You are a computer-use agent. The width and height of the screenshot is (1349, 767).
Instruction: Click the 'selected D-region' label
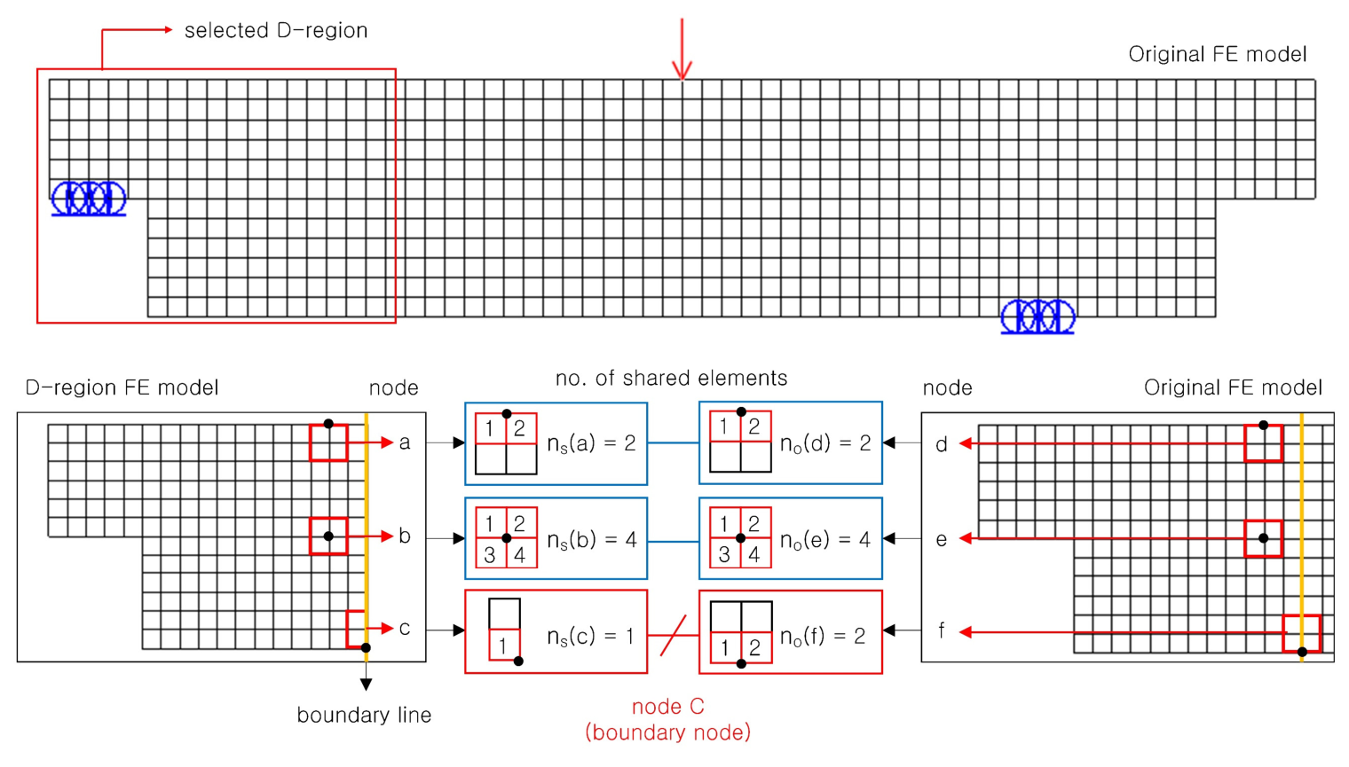(275, 30)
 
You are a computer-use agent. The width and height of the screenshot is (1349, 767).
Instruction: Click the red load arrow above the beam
(682, 50)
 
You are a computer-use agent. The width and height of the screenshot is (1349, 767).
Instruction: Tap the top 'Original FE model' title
(1217, 54)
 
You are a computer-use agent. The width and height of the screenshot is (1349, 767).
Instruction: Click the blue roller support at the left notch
(89, 199)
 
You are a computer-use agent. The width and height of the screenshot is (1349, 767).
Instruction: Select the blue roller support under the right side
(1037, 317)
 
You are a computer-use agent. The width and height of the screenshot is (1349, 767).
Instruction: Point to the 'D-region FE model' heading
(122, 387)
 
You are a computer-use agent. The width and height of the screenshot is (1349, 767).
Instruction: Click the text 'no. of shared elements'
(671, 379)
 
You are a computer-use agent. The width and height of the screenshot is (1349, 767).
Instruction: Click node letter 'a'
(405, 442)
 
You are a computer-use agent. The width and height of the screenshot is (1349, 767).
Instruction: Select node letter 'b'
(405, 536)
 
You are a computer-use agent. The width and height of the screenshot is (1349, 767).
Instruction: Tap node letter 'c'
(405, 629)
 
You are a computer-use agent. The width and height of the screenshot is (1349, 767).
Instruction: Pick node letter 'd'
(942, 444)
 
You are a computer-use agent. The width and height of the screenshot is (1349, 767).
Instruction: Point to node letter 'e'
(942, 539)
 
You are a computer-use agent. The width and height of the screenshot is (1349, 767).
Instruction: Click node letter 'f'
(942, 631)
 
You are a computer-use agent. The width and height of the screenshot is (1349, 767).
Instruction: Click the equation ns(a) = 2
(591, 443)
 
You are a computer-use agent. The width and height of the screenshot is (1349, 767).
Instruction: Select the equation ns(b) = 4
(591, 539)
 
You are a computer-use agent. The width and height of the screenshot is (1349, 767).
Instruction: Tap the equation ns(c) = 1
(591, 635)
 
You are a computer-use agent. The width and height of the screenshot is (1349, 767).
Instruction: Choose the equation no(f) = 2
(823, 635)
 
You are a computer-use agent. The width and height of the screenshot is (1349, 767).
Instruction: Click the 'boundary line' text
(364, 716)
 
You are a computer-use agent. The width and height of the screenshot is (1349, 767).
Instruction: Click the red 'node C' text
(667, 707)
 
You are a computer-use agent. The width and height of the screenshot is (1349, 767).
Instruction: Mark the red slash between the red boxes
(674, 635)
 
